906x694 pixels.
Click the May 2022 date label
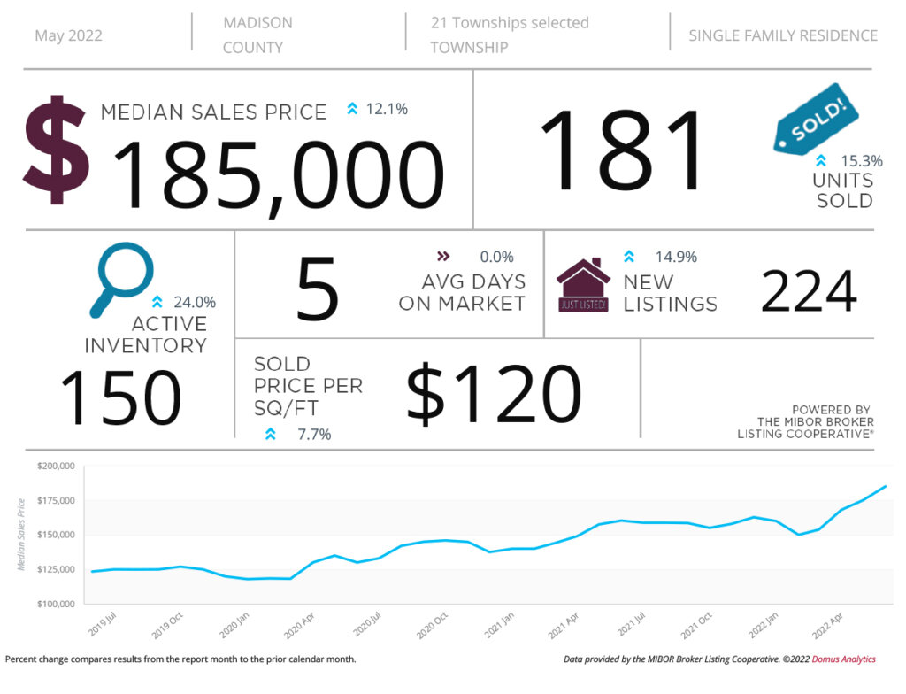click(x=68, y=36)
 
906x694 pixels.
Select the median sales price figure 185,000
click(x=279, y=175)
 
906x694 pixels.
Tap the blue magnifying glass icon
click(x=119, y=280)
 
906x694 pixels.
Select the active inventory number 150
click(x=120, y=397)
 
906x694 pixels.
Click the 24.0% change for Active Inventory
click(x=195, y=303)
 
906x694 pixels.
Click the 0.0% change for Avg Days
click(x=496, y=258)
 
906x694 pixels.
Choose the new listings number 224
click(x=809, y=292)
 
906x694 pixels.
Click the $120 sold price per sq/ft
click(x=493, y=393)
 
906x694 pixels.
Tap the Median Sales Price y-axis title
click(x=21, y=534)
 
